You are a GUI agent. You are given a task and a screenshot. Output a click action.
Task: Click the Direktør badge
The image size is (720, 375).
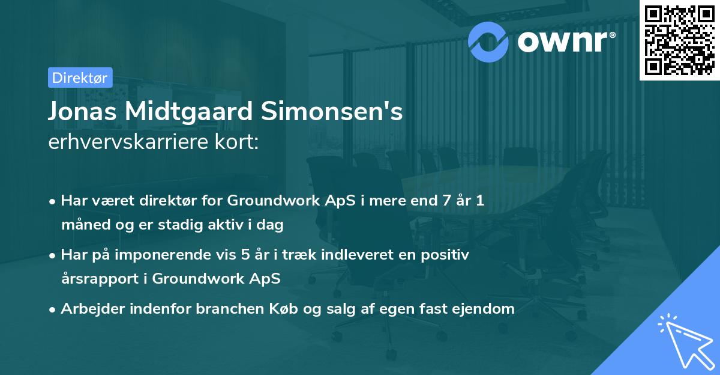pos(80,77)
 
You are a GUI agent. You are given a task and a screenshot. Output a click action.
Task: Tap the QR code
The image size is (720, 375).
pos(680,40)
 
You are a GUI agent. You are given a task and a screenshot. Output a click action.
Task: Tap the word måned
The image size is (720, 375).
pos(82,225)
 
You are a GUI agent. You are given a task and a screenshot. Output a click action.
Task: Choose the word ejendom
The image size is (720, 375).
pos(485,309)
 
